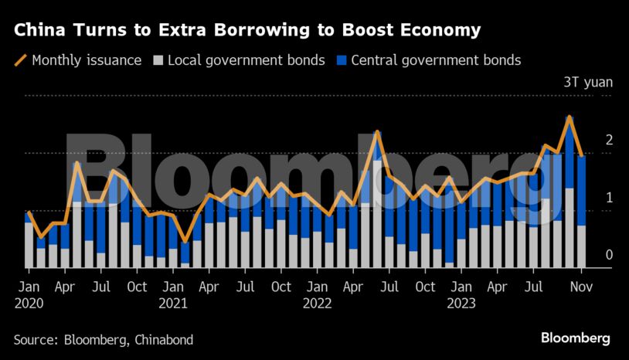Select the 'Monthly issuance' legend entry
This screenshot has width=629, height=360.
pyautogui.click(x=86, y=59)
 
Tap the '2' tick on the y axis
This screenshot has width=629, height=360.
pyautogui.click(x=610, y=140)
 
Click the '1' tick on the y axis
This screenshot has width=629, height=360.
pyautogui.click(x=610, y=198)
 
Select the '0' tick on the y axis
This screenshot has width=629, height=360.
pyautogui.click(x=610, y=255)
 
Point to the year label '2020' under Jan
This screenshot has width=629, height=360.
pyautogui.click(x=29, y=303)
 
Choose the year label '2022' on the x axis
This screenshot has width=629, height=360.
pyautogui.click(x=317, y=303)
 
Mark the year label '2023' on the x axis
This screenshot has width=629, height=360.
pyautogui.click(x=461, y=303)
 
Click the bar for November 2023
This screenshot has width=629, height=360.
pyautogui.click(x=581, y=212)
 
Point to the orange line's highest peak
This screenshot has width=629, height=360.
pyautogui.click(x=569, y=117)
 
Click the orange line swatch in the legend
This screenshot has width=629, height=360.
pyautogui.click(x=20, y=59)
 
